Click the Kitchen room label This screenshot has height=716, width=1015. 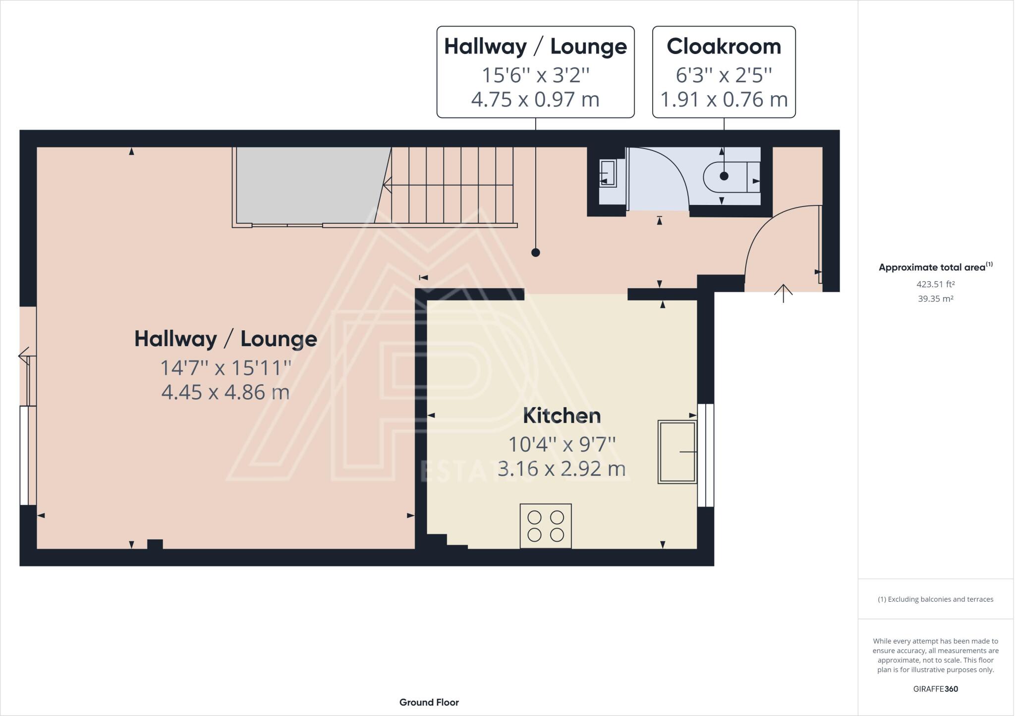click(x=562, y=416)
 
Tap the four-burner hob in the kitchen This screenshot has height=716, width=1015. click(x=545, y=526)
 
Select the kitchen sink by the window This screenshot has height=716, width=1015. click(x=677, y=452)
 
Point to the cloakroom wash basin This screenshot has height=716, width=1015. click(x=608, y=173)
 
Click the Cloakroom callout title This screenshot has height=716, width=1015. click(x=724, y=47)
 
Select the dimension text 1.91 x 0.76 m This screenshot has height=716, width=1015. click(x=724, y=100)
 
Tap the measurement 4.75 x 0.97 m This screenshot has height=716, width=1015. click(x=535, y=100)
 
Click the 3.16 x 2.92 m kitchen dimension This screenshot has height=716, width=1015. click(x=562, y=468)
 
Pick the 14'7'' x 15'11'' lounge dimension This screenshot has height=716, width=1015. click(x=226, y=368)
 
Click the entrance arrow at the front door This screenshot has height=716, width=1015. click(x=783, y=293)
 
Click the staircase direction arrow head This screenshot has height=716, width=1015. click(x=387, y=185)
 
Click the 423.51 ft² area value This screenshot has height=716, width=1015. click(x=935, y=284)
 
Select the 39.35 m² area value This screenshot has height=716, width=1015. click(x=935, y=299)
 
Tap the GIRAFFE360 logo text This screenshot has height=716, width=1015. click(x=935, y=689)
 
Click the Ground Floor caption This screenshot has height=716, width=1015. click(x=429, y=702)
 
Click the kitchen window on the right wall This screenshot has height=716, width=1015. click(x=706, y=455)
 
